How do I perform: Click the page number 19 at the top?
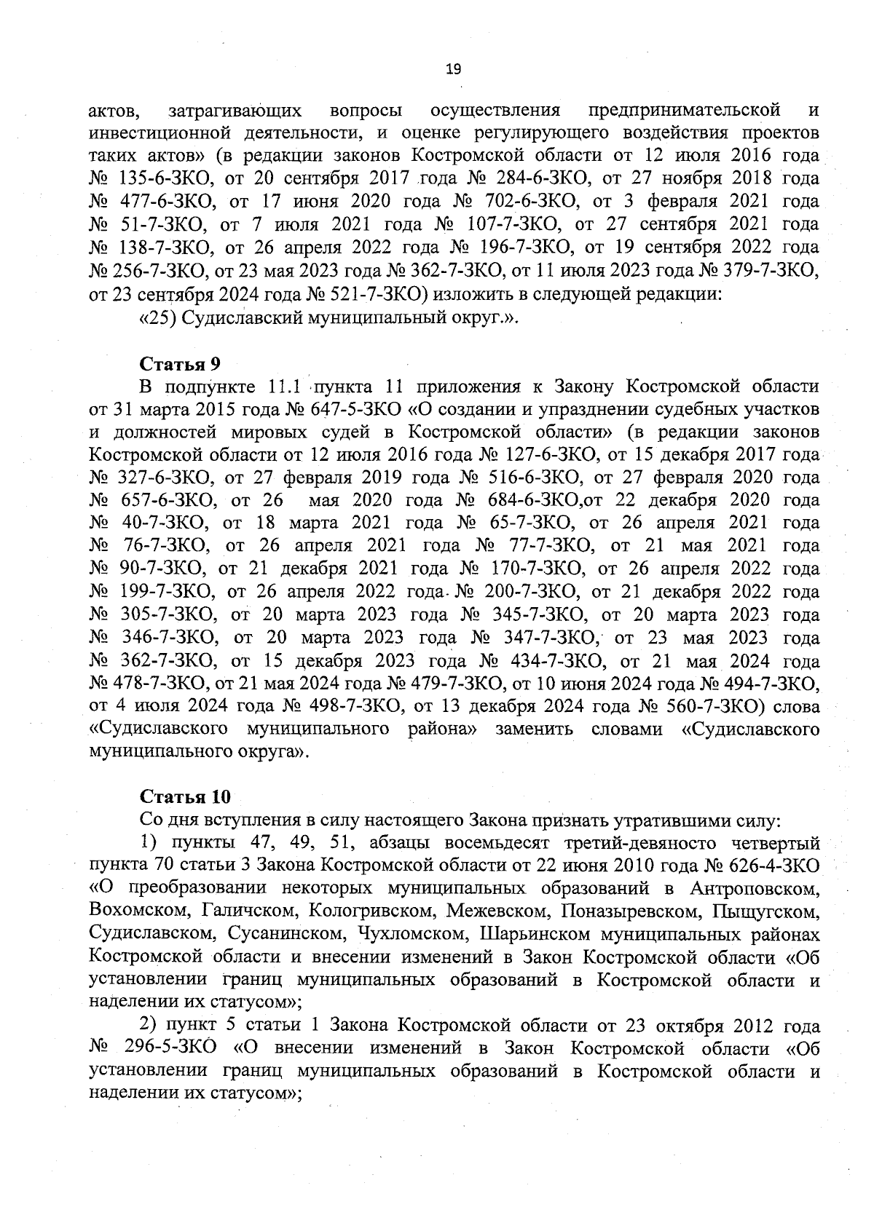453,70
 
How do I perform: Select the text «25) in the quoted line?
155,318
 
